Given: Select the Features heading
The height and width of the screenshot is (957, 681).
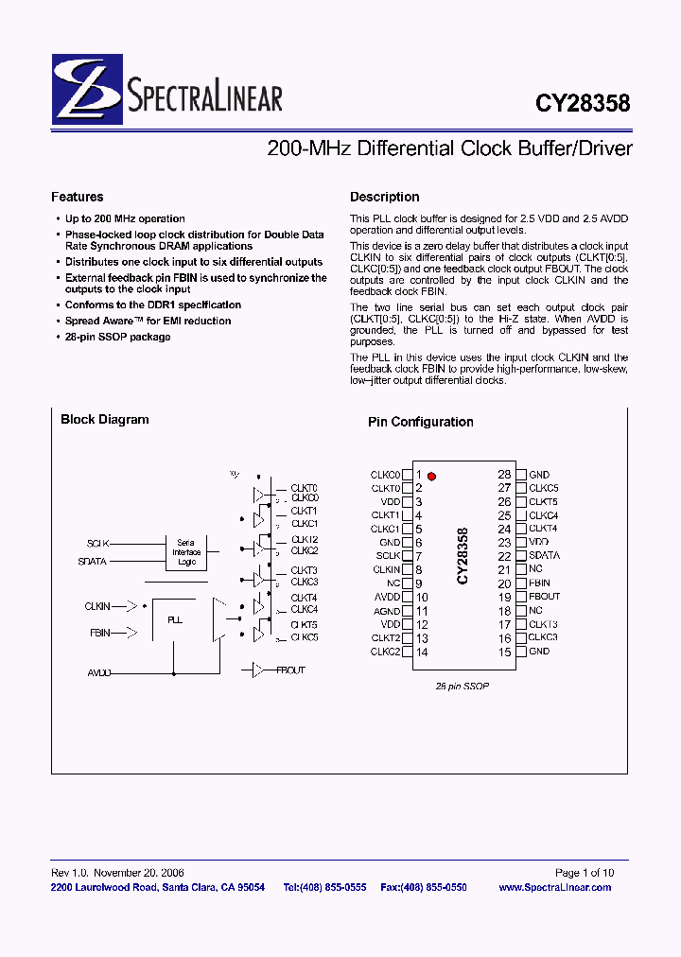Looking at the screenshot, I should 78,197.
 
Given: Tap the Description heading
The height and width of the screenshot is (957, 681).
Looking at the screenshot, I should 385,197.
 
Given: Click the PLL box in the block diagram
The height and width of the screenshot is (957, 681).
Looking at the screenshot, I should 174,620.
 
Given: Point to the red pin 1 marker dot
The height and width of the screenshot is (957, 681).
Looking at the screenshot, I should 432,476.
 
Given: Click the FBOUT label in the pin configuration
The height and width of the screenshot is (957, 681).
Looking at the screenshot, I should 545,597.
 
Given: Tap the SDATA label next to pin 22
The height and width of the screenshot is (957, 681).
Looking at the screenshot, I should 544,556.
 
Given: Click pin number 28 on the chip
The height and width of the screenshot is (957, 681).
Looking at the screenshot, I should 505,475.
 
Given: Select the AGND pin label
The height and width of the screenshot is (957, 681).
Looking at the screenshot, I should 387,611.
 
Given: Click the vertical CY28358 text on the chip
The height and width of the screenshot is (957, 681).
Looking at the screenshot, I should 463,556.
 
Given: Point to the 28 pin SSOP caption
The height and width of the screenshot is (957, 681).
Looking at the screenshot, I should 463,686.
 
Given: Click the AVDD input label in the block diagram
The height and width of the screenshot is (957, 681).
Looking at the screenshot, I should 98,671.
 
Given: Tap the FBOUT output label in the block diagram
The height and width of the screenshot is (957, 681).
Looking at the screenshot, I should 290,670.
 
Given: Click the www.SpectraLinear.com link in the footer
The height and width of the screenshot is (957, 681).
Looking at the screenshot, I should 554,887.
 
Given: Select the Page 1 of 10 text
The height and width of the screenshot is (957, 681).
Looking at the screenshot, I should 584,872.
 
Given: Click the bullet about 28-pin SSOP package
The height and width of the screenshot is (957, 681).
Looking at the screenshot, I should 117,337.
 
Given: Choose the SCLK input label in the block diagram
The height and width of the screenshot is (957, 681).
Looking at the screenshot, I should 97,544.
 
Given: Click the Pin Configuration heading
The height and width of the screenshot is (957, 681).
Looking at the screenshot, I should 420,422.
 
